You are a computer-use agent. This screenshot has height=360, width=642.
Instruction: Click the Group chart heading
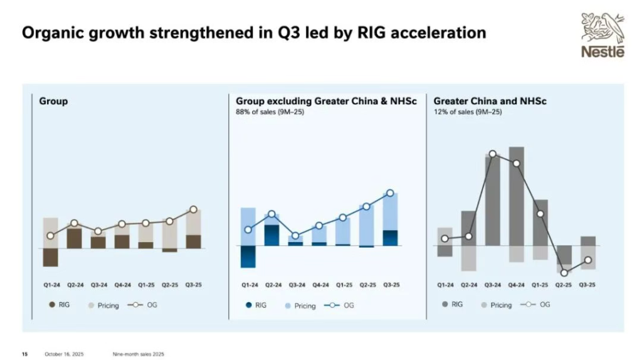[x=53, y=100]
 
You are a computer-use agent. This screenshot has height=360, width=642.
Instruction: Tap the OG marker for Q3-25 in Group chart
[x=193, y=209]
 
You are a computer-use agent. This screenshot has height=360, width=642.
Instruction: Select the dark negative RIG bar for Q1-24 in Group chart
[x=50, y=257]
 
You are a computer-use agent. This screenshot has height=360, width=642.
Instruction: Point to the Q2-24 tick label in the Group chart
[x=75, y=285]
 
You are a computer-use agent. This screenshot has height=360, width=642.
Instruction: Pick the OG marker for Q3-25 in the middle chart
[x=390, y=194]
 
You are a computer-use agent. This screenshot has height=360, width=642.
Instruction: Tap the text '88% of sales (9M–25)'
[x=270, y=112]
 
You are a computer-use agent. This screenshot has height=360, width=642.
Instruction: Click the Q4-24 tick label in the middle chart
[x=320, y=285]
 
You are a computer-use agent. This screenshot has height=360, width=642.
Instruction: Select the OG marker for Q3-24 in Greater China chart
[x=493, y=154]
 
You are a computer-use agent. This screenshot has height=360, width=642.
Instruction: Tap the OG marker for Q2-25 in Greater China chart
[x=565, y=272]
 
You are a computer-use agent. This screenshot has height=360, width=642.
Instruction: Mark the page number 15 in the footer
[x=25, y=354]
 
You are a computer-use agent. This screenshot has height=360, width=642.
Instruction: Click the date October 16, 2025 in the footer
[x=63, y=354]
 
